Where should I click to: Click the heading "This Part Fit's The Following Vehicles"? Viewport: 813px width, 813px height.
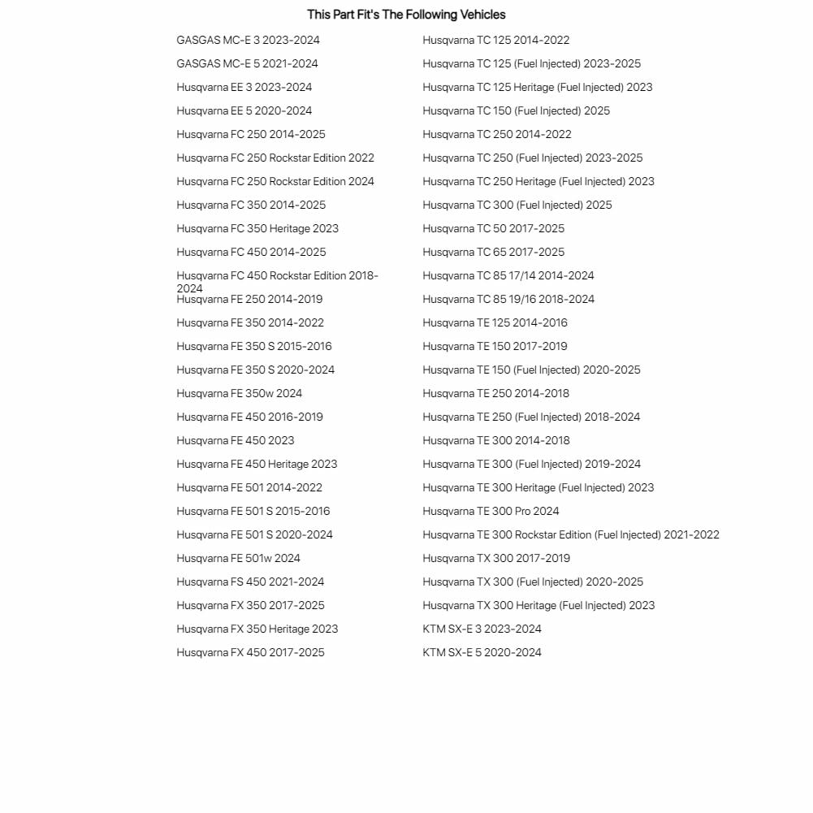pos(406,15)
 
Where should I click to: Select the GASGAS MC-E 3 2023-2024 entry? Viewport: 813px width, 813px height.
pos(248,40)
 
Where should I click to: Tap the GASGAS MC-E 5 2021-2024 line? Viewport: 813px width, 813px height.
pos(247,63)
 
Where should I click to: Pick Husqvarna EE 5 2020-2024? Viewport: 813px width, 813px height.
pos(244,110)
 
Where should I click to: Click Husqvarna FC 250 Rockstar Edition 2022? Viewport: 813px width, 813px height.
pos(275,158)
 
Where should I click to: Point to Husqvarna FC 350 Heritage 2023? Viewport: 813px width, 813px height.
pos(257,228)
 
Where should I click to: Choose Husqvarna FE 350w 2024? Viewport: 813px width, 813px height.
pos(239,393)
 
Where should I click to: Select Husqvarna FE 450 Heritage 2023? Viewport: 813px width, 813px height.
pos(257,464)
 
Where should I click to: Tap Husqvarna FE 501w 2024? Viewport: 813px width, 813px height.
pos(238,558)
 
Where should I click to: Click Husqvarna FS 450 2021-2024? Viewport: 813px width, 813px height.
pos(250,582)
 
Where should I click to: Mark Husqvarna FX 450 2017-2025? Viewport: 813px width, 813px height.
pos(250,652)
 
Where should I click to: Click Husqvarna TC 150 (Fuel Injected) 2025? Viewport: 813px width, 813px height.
pos(516,110)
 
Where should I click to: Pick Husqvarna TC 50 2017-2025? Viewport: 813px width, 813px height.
pos(493,228)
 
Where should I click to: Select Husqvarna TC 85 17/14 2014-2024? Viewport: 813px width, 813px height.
pos(508,275)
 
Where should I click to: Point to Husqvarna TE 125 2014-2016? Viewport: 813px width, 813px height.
pos(495,322)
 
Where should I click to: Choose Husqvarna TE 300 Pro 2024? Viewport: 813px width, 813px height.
pos(491,511)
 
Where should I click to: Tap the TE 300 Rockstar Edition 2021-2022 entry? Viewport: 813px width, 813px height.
pos(570,534)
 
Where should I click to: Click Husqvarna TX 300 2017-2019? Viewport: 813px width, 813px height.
pos(495,558)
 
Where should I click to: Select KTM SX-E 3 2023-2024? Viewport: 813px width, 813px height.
pos(482,629)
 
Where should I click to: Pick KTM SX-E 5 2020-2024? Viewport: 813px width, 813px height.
pos(482,652)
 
